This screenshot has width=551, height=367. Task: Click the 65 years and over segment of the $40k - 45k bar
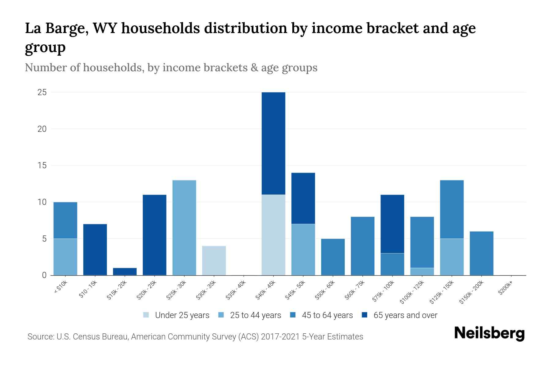273,143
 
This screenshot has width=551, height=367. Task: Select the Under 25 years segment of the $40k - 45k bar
273,235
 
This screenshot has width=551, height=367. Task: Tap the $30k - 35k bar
214,261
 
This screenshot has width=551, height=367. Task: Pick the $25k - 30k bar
184,228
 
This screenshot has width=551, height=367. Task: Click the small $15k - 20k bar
125,272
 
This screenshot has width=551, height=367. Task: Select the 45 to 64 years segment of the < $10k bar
66,220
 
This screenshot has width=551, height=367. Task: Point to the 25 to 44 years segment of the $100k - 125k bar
422,272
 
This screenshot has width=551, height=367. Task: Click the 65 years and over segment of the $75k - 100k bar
392,224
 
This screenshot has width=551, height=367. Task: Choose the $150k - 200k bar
482,253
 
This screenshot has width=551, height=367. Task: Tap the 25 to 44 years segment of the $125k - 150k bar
452,257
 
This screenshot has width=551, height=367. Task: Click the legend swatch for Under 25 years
146,315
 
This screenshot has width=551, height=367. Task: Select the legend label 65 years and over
405,315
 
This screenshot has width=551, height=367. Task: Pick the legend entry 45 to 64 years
327,315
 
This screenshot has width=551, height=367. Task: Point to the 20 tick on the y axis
42,129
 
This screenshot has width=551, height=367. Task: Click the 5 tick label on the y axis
44,239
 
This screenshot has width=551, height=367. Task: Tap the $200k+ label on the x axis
505,289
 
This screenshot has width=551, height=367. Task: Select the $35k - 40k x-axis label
236,292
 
